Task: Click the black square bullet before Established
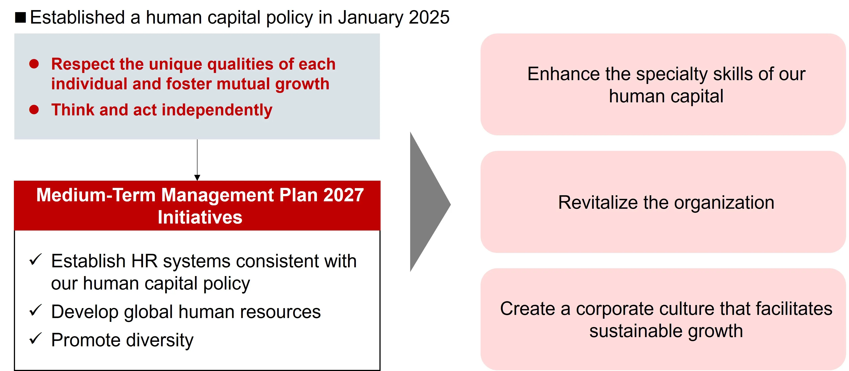[20, 18]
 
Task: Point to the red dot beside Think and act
[34, 109]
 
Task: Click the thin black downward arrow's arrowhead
[197, 178]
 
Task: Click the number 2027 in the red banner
[343, 195]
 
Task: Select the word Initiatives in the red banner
[200, 217]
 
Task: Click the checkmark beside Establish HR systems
[35, 259]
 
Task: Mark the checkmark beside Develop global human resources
[35, 310]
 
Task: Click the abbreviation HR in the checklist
[144, 261]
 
